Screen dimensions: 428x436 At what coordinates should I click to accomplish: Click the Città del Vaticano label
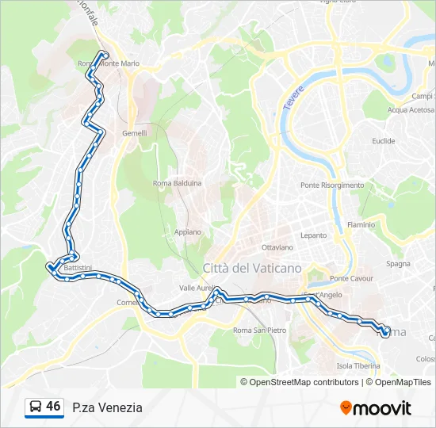(252, 268)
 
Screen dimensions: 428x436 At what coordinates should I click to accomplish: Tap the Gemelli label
(134, 133)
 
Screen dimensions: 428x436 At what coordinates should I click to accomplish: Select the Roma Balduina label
(178, 183)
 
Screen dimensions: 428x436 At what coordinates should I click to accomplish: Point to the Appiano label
(187, 232)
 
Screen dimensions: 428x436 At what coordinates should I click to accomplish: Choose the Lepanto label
(313, 235)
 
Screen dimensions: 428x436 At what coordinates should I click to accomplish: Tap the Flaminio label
(361, 225)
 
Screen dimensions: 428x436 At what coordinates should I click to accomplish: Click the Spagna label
(398, 264)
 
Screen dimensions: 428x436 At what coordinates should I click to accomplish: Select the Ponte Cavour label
(351, 279)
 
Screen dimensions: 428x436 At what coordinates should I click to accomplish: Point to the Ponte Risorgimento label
(332, 185)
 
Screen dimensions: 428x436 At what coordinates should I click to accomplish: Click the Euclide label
(383, 141)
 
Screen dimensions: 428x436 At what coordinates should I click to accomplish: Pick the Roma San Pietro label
(260, 330)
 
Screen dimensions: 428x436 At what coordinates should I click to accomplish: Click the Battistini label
(78, 268)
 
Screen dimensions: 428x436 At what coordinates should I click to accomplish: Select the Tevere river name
(293, 98)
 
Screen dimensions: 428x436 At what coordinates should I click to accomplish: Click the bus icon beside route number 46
(36, 407)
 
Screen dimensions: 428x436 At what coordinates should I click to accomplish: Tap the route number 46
(53, 407)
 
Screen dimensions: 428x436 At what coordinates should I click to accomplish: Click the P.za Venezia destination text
(107, 407)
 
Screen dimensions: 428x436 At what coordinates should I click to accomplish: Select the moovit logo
(376, 408)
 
